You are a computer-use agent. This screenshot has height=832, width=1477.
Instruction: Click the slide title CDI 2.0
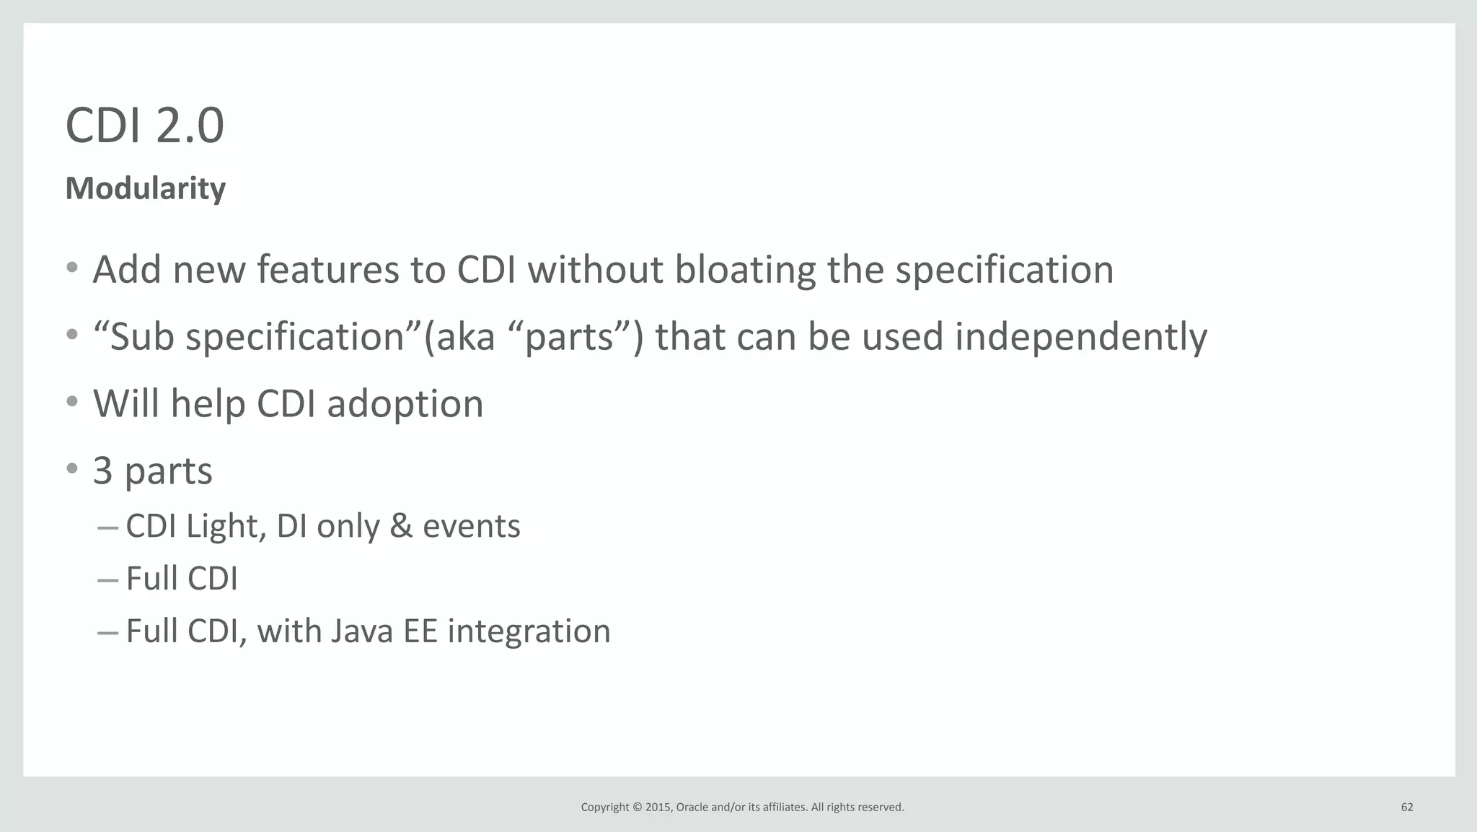(144, 126)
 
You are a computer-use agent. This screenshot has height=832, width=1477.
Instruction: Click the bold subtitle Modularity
(145, 188)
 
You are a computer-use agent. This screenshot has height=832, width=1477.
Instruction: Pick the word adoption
(405, 403)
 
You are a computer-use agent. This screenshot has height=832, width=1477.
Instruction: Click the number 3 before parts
(103, 470)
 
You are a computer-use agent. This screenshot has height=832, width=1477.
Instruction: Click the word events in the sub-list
(471, 526)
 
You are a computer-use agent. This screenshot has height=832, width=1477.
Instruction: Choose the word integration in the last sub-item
(529, 631)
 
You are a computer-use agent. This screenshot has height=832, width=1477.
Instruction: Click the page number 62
(1406, 807)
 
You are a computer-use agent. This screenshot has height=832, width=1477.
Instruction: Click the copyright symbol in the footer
(637, 807)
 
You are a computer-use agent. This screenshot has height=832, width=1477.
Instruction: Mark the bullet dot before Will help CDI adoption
(71, 402)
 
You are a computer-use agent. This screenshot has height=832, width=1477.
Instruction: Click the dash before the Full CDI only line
(107, 579)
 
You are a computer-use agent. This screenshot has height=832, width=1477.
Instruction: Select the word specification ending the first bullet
(1004, 269)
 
